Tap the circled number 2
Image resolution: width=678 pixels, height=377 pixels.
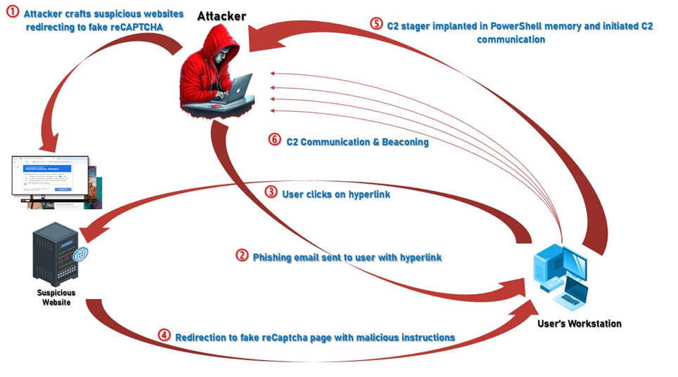pyautogui.click(x=242, y=256)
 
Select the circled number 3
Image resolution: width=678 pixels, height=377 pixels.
pyautogui.click(x=271, y=192)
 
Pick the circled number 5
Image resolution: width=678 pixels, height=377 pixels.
pyautogui.click(x=377, y=24)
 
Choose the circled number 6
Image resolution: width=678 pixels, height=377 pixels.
pyautogui.click(x=274, y=140)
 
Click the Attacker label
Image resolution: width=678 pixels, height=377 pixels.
pyautogui.click(x=221, y=16)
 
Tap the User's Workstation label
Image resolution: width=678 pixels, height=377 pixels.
pyautogui.click(x=579, y=324)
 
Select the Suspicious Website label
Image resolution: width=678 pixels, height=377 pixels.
pyautogui.click(x=56, y=297)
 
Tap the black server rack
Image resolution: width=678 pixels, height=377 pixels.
pyautogui.click(x=55, y=256)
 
